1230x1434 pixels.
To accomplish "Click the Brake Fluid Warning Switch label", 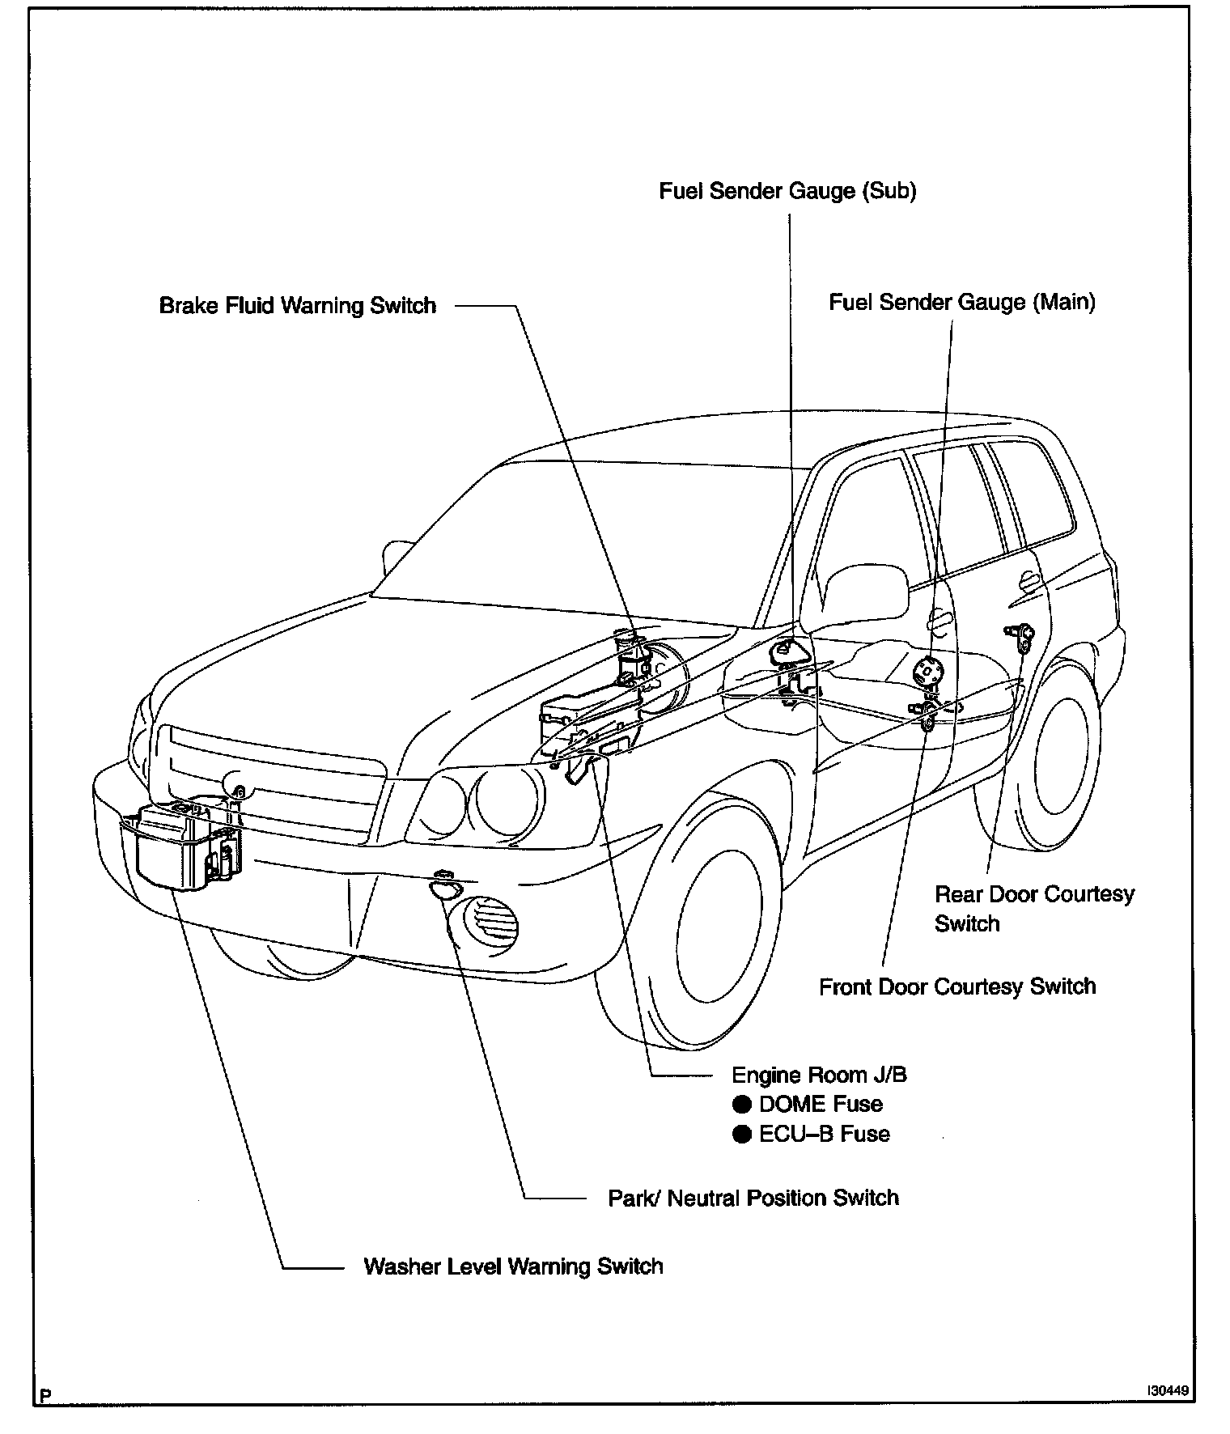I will [x=297, y=306].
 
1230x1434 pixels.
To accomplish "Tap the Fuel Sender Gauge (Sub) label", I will [x=787, y=191].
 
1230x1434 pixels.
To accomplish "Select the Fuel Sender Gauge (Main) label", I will [x=962, y=303].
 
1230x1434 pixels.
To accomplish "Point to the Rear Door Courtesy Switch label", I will [x=1033, y=908].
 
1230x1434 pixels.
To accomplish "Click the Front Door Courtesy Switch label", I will [x=957, y=986].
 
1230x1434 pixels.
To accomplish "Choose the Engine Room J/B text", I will [x=819, y=1075].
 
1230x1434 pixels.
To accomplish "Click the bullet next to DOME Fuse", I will [x=741, y=1105].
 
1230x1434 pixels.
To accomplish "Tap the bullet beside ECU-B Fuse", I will [x=741, y=1135].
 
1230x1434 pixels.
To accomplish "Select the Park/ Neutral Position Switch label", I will [x=753, y=1198].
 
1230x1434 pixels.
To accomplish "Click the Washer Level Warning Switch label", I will [x=513, y=1266].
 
